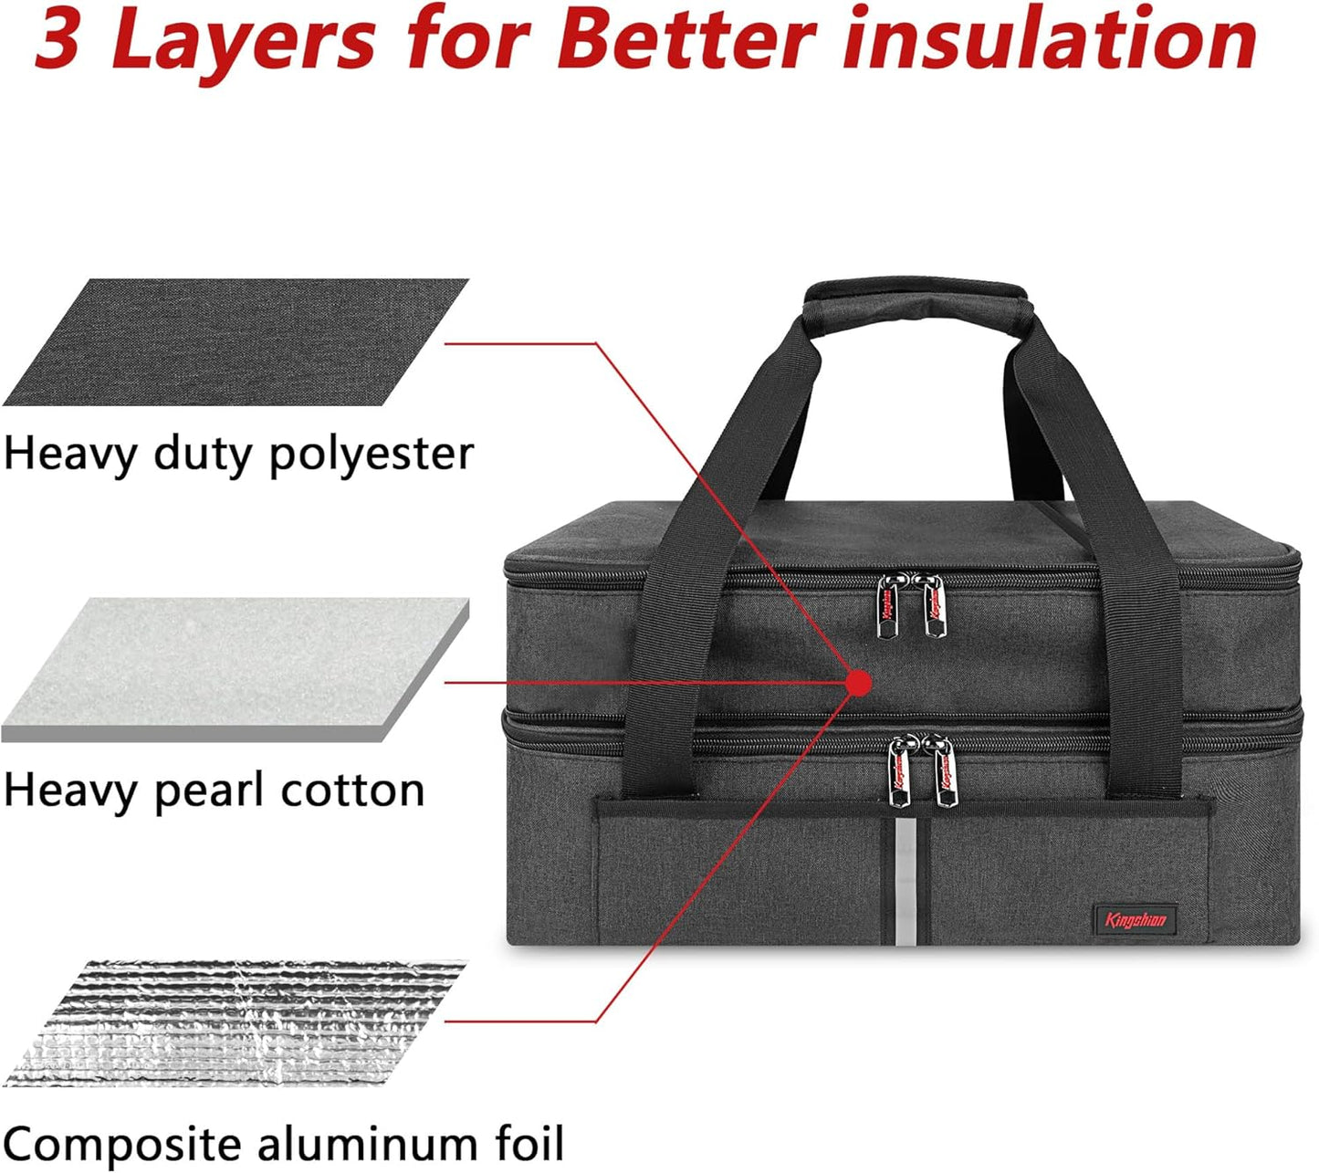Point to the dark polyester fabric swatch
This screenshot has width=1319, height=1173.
click(235, 341)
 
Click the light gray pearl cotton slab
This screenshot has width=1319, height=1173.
click(235, 669)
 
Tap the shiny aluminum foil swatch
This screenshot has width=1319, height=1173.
click(235, 1022)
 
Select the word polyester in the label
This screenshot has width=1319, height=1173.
click(372, 456)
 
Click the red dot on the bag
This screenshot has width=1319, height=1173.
click(859, 683)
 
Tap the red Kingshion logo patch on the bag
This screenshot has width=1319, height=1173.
click(1136, 920)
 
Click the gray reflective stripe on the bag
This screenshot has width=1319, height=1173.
click(906, 882)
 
